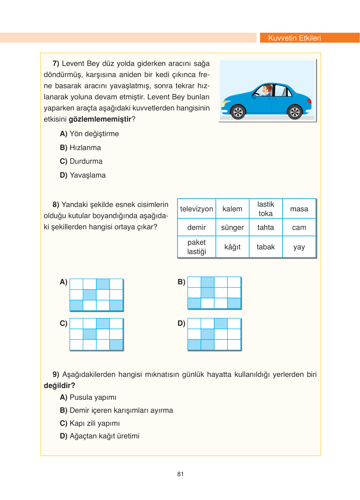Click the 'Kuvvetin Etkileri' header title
tap(294, 38)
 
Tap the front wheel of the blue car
tap(238, 112)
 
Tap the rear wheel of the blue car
tap(295, 112)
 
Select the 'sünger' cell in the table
tap(232, 227)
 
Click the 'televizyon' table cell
tap(197, 209)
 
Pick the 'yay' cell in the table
tap(299, 247)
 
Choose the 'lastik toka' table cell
tap(266, 209)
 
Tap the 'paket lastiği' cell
tap(197, 247)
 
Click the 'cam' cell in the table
tap(299, 227)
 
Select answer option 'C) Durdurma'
tap(81, 161)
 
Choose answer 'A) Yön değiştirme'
tap(89, 134)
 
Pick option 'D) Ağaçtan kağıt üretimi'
tap(100, 436)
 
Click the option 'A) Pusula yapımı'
tap(88, 397)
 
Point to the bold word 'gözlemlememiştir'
tap(100, 119)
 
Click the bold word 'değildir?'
tap(59, 386)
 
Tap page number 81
tap(180, 474)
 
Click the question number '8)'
tap(56, 205)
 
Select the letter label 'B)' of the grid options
tap(181, 282)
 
